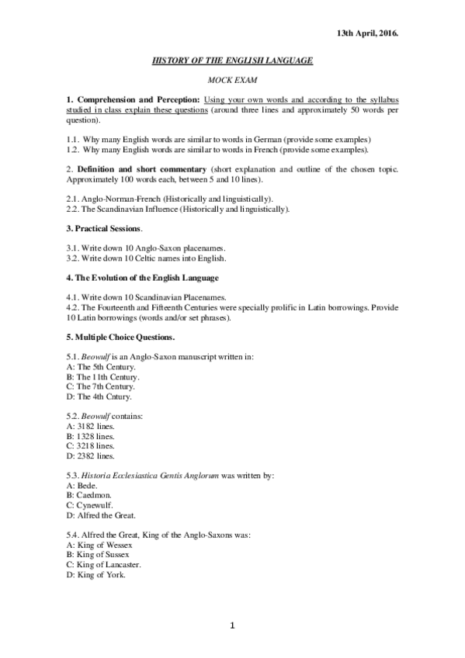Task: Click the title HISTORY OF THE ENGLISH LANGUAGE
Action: coord(232,60)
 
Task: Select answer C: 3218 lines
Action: coord(91,445)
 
